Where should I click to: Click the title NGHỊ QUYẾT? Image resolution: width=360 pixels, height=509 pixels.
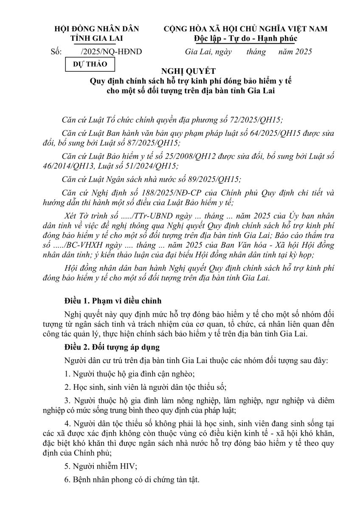pos(188,71)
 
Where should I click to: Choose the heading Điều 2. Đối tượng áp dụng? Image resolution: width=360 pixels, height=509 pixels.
pos(110,347)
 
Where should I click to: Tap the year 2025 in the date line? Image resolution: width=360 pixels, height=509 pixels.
pos(304,52)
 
